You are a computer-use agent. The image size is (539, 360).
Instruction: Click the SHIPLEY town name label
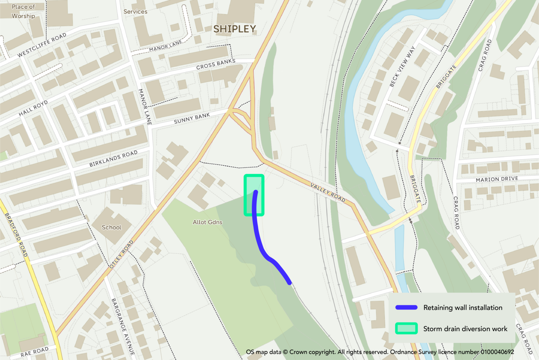coord(235,29)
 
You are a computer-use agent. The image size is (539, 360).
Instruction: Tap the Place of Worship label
coord(23,11)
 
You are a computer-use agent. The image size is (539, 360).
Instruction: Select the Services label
coord(135,12)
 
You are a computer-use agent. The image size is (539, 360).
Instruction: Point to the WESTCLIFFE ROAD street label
coord(42,45)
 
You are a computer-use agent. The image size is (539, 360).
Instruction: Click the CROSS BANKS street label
coord(215,64)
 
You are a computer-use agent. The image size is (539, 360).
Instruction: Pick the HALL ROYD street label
coord(33,108)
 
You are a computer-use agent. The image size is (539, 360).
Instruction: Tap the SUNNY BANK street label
coord(192,118)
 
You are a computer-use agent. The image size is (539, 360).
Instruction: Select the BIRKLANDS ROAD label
coord(113,159)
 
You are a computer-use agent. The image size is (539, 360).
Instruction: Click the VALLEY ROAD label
coord(328,192)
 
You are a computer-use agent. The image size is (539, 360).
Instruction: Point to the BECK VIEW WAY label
coord(402,66)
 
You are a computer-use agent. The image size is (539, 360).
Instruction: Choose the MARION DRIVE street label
coord(497,179)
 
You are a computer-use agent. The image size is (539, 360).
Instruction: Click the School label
coord(112,227)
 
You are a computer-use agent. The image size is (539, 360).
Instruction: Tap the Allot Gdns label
coord(207,222)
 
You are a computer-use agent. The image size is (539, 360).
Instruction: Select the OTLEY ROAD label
coord(121,254)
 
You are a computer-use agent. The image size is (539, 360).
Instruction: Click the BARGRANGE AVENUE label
coord(123,326)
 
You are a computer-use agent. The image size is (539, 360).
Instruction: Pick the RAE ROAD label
coord(34,352)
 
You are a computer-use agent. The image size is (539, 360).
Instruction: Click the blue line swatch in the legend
coord(406,308)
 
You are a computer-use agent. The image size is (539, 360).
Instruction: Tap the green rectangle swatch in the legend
coord(406,329)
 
